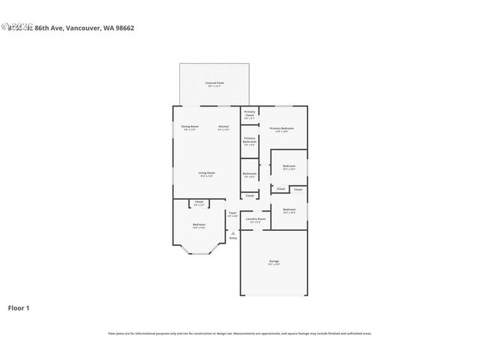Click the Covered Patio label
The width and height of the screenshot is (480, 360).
pos(214,82)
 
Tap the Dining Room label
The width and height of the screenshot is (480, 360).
pos(190,127)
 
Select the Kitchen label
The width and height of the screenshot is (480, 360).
pos(223,127)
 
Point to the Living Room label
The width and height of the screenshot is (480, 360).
pos(207,174)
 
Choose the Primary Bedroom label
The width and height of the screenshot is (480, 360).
pos(282,129)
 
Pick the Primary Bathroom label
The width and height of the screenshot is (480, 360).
pos(250,140)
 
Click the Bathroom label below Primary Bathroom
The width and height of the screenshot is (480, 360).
pos(250,174)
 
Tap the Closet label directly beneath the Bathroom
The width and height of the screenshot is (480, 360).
pos(250,196)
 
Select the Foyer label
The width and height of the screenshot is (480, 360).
pos(232,214)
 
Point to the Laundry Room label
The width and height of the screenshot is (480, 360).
pos(256,219)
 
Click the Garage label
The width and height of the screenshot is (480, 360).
pos(274,261)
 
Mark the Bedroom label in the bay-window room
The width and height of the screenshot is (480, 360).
pos(199,225)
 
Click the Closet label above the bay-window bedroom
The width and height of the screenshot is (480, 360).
pos(199,202)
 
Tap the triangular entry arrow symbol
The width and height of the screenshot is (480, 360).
pos(233,232)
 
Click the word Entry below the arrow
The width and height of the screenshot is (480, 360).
pos(233,238)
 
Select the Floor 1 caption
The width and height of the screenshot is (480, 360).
pos(19,307)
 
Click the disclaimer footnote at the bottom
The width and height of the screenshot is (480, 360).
pos(240,333)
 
